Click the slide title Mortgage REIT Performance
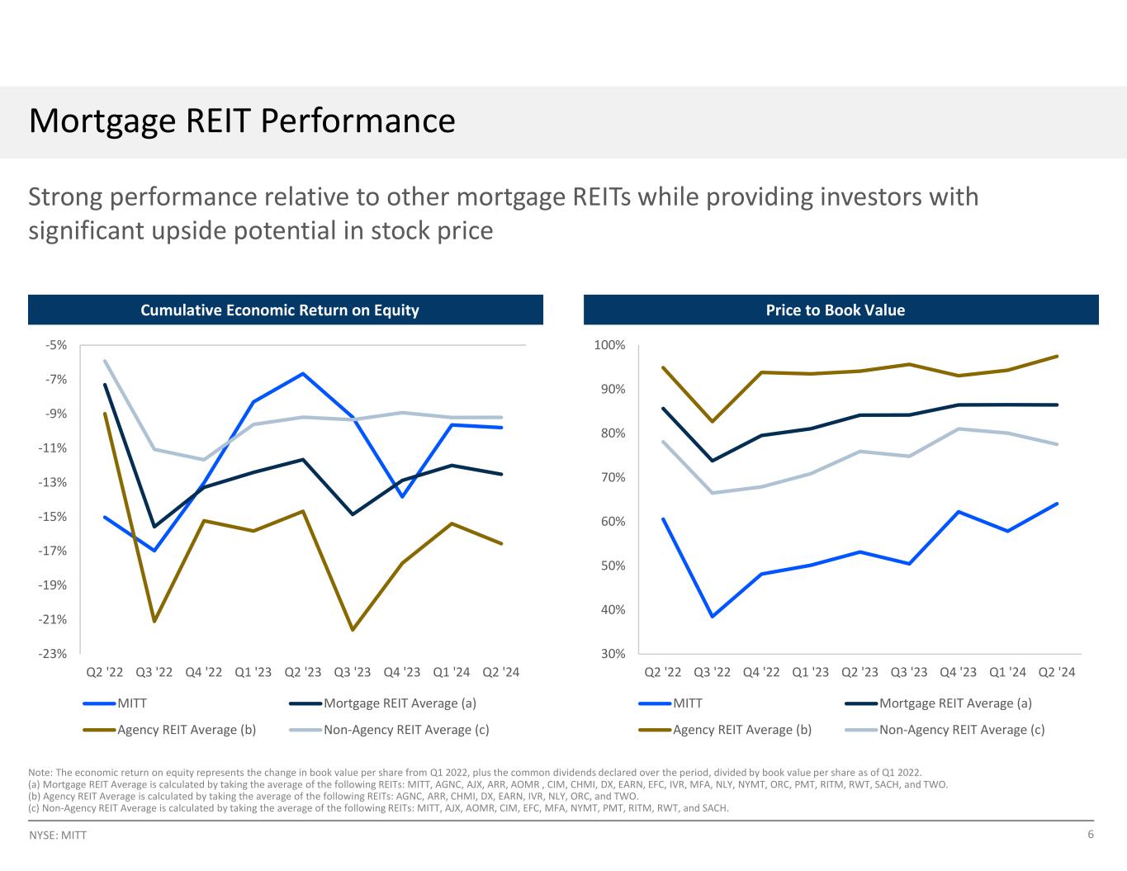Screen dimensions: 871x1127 tap(242, 121)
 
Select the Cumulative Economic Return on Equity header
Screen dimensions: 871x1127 tap(280, 310)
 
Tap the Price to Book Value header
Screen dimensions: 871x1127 tap(835, 310)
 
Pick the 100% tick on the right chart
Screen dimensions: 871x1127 tap(610, 345)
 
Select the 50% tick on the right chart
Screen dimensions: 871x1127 tap(612, 566)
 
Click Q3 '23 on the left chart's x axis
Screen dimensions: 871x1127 tap(353, 672)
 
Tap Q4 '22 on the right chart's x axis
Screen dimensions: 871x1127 tap(760, 672)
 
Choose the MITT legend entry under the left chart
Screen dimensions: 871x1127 tap(132, 703)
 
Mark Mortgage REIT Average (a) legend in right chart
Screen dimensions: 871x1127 tap(955, 703)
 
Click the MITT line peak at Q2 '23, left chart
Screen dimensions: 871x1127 tap(303, 374)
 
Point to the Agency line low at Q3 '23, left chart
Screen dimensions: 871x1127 tap(353, 630)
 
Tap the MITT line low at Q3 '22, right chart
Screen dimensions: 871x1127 tap(712, 616)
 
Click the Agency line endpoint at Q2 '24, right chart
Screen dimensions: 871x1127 tap(1057, 357)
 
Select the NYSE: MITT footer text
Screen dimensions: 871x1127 tap(58, 835)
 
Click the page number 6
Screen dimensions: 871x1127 tap(1091, 835)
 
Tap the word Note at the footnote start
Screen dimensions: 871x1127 tap(39, 773)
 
